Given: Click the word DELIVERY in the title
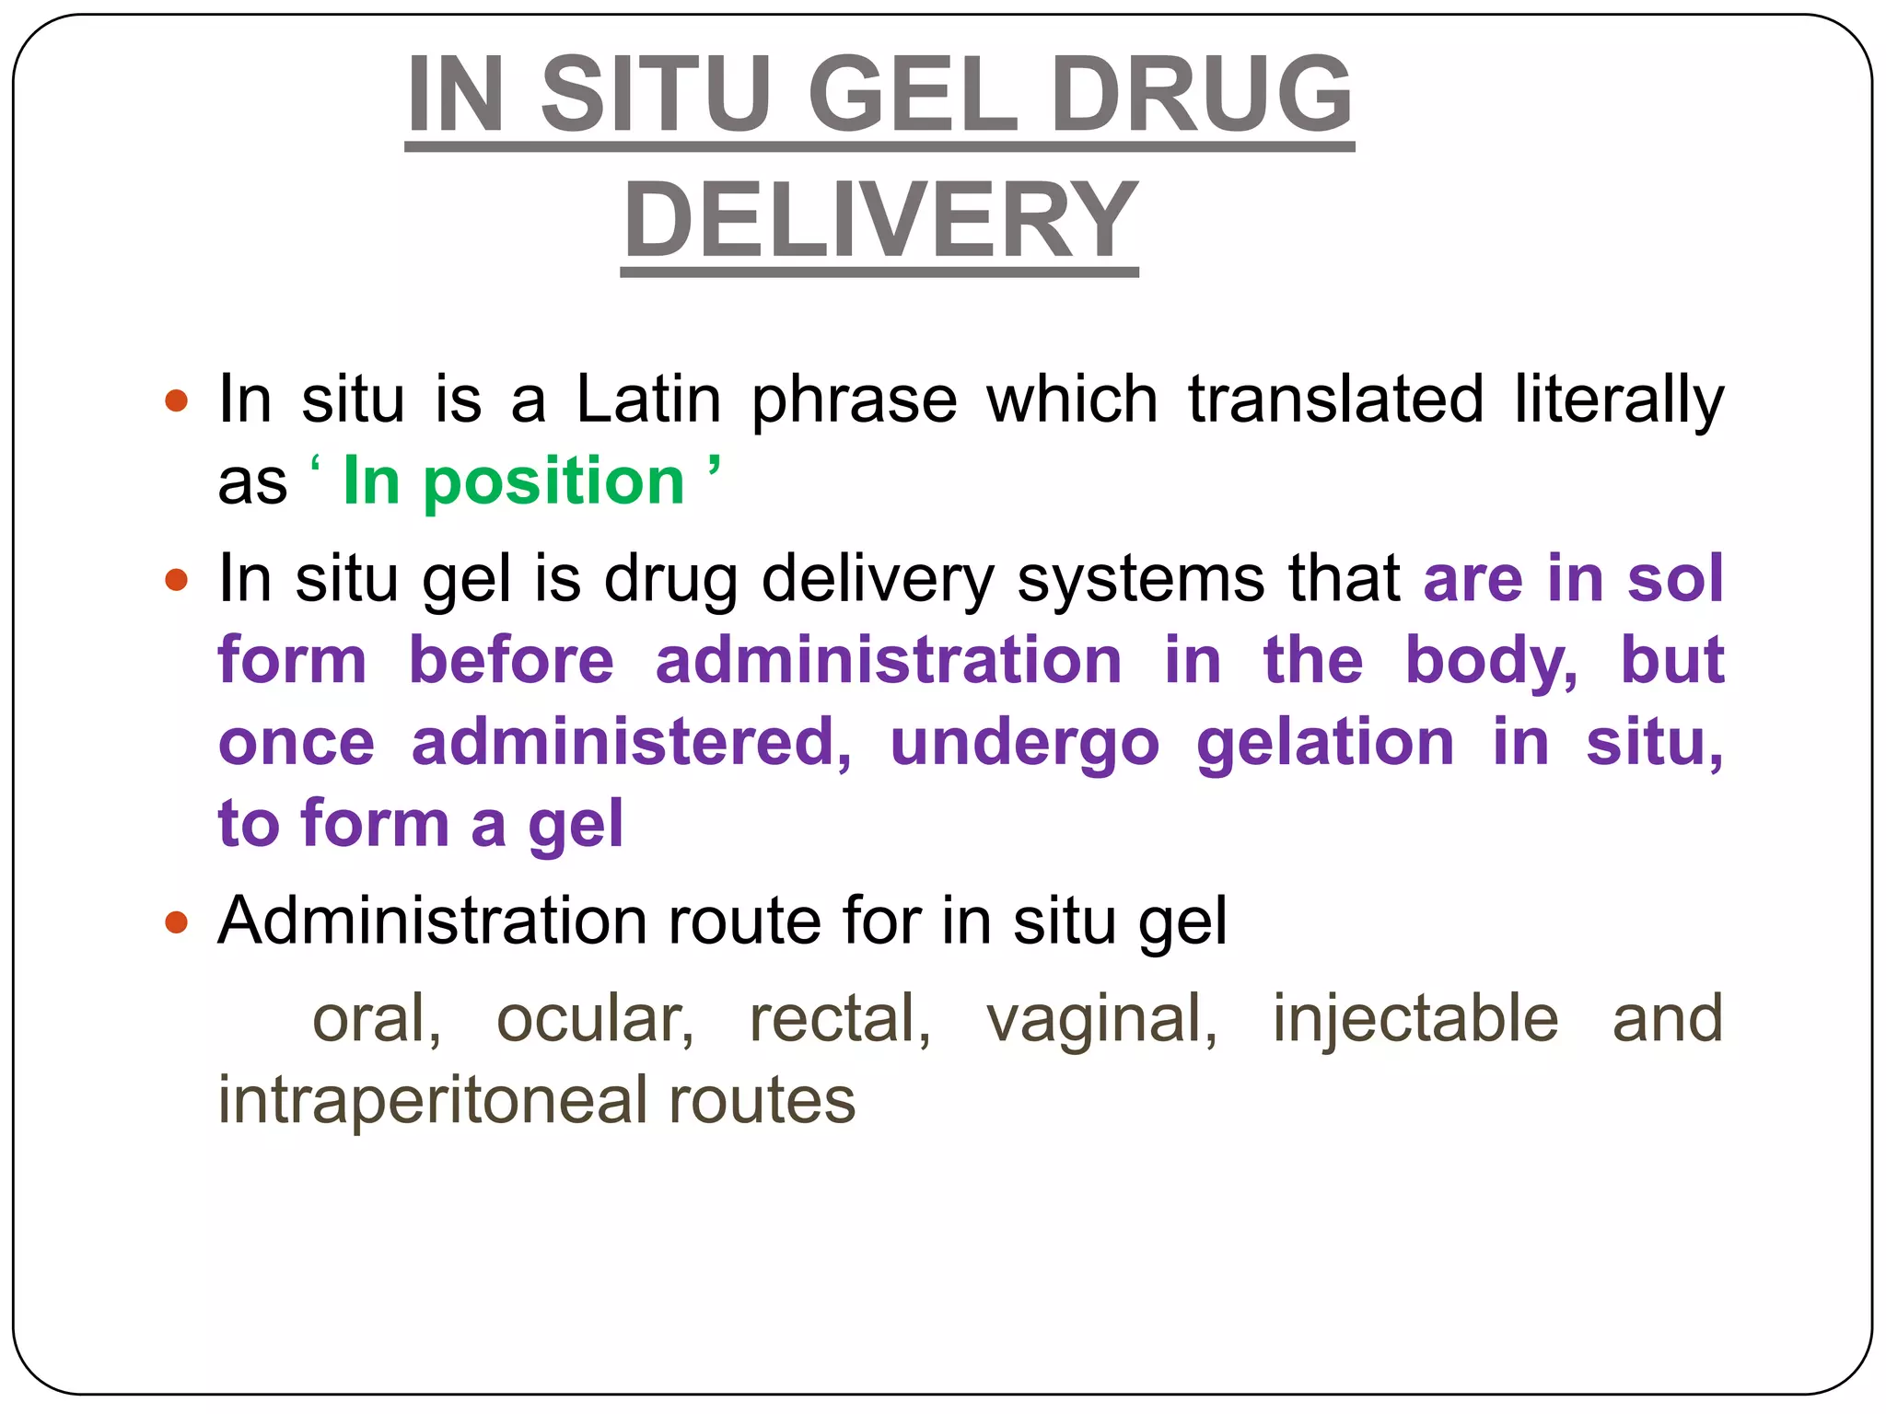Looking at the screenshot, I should pyautogui.click(x=880, y=221).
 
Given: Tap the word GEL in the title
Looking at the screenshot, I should pyautogui.click(x=913, y=94).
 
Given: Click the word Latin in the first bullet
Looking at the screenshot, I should pyautogui.click(x=648, y=400).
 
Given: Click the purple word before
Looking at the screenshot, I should pyautogui.click(x=511, y=660).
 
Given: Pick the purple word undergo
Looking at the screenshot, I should pyautogui.click(x=1024, y=745).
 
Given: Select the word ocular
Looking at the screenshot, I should pyautogui.click(x=595, y=1019).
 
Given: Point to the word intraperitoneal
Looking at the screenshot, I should pyautogui.click(x=433, y=1101).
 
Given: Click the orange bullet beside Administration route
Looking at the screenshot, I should pyautogui.click(x=176, y=921).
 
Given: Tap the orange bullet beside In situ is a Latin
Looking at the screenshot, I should pyautogui.click(x=176, y=401).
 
